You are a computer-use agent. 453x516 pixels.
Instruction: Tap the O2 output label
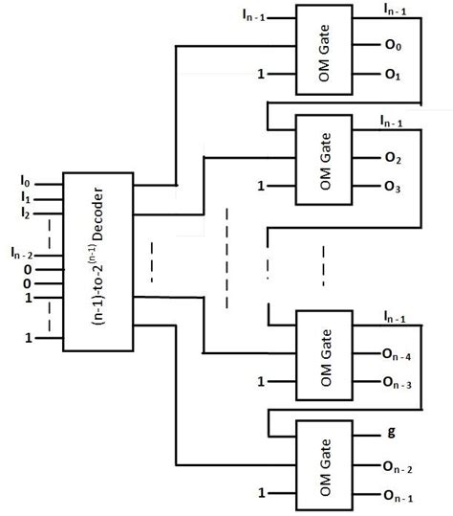coord(392,157)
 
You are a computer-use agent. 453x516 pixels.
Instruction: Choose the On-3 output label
coord(397,383)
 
